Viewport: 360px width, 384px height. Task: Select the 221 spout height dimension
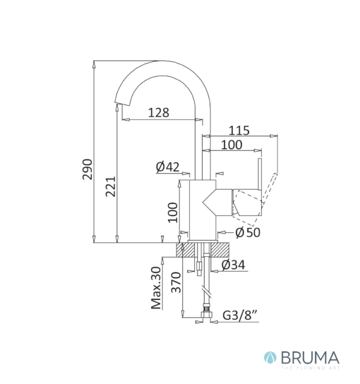[x=110, y=190]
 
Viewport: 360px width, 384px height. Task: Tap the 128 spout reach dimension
[x=158, y=112]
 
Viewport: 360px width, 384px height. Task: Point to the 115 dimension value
[x=239, y=130]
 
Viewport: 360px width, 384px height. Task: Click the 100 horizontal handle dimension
[x=232, y=145]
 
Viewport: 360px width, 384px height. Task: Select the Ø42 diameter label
[x=167, y=167]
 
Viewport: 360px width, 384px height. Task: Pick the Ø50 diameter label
[x=247, y=232]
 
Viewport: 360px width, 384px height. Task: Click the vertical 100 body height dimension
[x=172, y=211]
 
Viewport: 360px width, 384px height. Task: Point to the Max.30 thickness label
[x=157, y=288]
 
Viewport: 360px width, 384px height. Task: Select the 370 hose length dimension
[x=176, y=281]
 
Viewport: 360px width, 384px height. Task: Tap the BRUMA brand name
[x=305, y=358]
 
